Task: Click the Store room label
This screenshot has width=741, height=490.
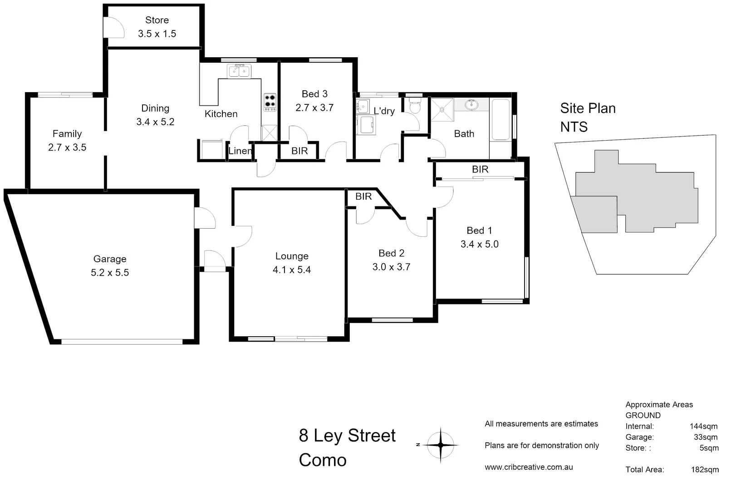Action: click(157, 20)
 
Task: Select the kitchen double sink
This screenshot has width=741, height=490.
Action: click(239, 71)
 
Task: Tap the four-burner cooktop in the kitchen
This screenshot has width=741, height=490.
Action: click(270, 102)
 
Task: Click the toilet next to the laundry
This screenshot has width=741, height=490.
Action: click(414, 107)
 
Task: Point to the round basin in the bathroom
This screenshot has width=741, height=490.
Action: click(472, 105)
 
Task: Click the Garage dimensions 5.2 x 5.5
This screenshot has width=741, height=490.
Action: click(110, 273)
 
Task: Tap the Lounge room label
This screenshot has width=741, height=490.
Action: click(292, 256)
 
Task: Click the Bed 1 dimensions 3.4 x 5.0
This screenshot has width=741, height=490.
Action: click(479, 244)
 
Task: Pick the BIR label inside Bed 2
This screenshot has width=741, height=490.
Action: click(363, 196)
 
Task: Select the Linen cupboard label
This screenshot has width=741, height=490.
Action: click(240, 151)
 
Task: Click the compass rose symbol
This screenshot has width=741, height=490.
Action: click(441, 445)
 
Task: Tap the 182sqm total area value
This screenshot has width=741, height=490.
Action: click(705, 470)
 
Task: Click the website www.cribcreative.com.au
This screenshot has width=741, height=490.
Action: click(529, 467)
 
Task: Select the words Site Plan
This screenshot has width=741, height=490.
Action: click(588, 108)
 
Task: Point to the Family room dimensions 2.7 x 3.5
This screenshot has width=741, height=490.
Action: click(67, 147)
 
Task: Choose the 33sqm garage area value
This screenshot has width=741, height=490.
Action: click(703, 437)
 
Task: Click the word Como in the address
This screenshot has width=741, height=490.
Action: click(323, 460)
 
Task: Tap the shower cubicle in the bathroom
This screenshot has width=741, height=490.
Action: click(442, 110)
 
